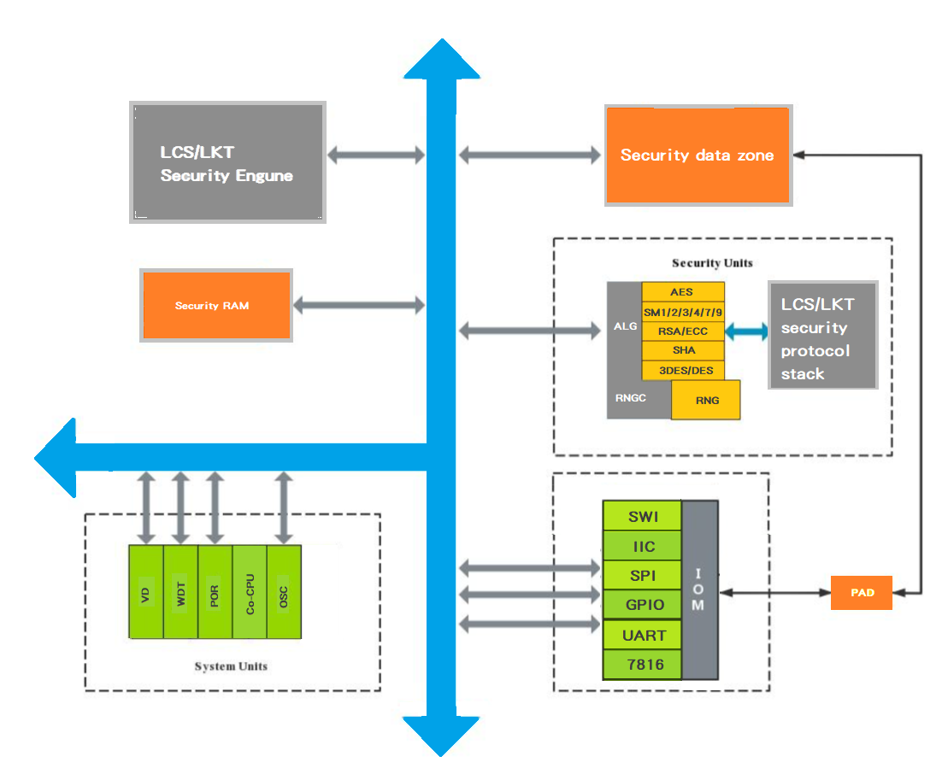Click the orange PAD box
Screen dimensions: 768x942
pyautogui.click(x=861, y=592)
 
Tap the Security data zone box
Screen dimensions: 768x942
pyautogui.click(x=697, y=155)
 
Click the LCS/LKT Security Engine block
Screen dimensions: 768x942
pyautogui.click(x=227, y=163)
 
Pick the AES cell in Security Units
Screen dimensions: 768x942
pyautogui.click(x=682, y=292)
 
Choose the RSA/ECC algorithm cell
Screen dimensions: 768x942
pyautogui.click(x=682, y=331)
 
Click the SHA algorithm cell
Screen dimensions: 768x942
pyautogui.click(x=682, y=350)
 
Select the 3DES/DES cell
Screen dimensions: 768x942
pyautogui.click(x=682, y=370)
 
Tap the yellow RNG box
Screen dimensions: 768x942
pyautogui.click(x=706, y=400)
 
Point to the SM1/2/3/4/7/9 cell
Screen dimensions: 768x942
pyautogui.click(x=682, y=312)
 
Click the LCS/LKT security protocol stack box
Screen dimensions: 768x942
pyautogui.click(x=822, y=335)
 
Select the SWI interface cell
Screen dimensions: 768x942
pyautogui.click(x=643, y=517)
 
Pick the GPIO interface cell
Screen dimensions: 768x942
pyautogui.click(x=643, y=605)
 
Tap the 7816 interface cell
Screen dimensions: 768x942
pyautogui.click(x=643, y=665)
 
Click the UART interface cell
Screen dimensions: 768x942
pyautogui.click(x=643, y=635)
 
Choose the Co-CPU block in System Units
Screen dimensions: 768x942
pyautogui.click(x=250, y=591)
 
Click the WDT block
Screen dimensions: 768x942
pyautogui.click(x=180, y=591)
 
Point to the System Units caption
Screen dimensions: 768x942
pyautogui.click(x=231, y=666)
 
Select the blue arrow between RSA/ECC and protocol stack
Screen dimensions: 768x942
pyautogui.click(x=746, y=331)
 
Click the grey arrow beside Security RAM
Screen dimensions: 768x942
pyautogui.click(x=359, y=305)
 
